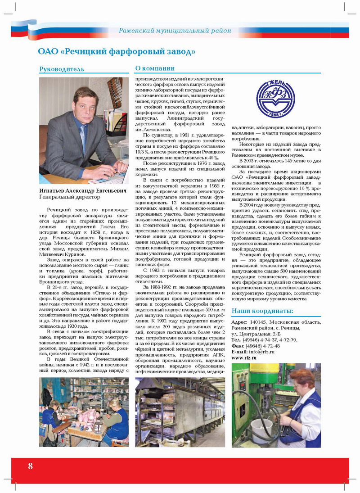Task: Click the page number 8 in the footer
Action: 30,466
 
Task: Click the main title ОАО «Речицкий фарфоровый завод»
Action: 117,51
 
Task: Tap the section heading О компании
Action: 155,68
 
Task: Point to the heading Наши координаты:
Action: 262,311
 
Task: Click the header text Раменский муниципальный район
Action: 175,31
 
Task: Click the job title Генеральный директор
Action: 67,197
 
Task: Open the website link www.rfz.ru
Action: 244,358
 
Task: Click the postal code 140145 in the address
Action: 258,322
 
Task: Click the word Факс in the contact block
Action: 238,346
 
